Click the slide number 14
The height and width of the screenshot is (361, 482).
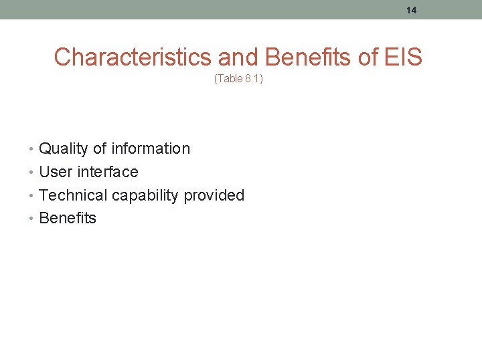click(x=411, y=10)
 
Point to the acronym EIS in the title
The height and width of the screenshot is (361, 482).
click(x=404, y=57)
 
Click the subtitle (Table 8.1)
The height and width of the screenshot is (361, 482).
click(x=238, y=79)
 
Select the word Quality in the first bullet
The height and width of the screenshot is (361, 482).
click(x=64, y=149)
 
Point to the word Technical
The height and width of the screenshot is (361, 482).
click(x=73, y=195)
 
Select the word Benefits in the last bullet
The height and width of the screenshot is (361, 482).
click(x=68, y=219)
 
